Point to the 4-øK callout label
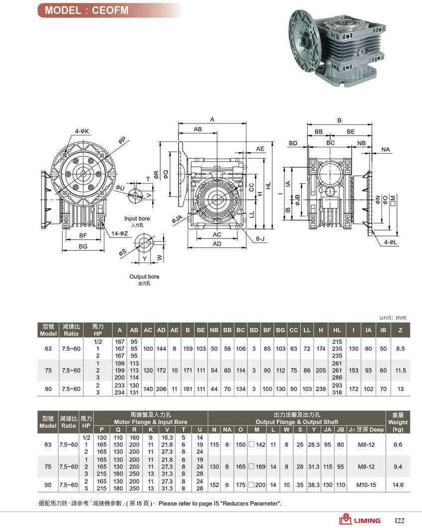pos(82,132)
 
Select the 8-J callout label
pos(260,239)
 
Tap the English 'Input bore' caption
pos(137,219)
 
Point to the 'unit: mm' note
pos(393,317)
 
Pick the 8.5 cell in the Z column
pos(400,349)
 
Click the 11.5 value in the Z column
pos(400,371)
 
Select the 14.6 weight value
pos(398,485)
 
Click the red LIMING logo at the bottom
pos(360,520)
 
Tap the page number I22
pos(400,521)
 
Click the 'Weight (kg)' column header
pos(398,422)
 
